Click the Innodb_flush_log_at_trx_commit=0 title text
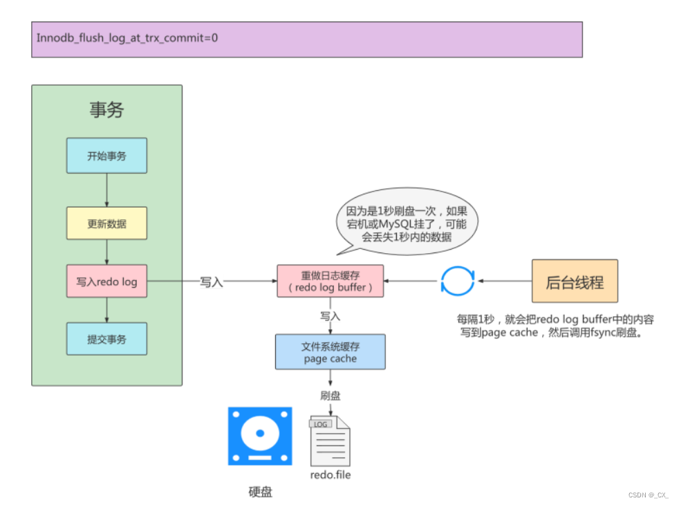(x=127, y=37)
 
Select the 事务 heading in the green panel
(x=106, y=110)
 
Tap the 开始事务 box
(x=106, y=156)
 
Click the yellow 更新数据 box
(x=106, y=223)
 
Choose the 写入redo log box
(x=106, y=282)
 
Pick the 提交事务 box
(x=106, y=339)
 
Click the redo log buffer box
(x=330, y=282)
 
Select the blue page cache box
(x=330, y=352)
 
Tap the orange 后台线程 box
(x=575, y=282)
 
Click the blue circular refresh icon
(x=457, y=282)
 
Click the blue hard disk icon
(x=260, y=436)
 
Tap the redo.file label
(x=331, y=475)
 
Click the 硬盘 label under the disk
(x=260, y=492)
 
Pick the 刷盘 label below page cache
(x=330, y=396)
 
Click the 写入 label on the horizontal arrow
(x=211, y=282)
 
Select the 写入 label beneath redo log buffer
(x=330, y=316)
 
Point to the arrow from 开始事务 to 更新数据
(x=106, y=190)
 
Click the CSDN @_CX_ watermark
(x=648, y=495)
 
